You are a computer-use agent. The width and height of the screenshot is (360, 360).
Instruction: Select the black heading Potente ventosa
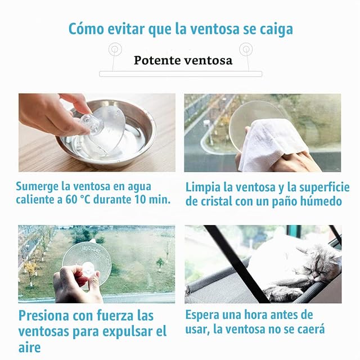[183, 60]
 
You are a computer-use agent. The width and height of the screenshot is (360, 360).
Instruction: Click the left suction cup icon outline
[115, 49]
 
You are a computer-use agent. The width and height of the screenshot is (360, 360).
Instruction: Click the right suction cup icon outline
[246, 49]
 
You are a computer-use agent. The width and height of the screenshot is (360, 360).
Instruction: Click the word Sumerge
[37, 187]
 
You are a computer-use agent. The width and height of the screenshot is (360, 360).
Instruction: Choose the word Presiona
[44, 316]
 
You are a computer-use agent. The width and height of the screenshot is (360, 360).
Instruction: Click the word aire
[29, 347]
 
